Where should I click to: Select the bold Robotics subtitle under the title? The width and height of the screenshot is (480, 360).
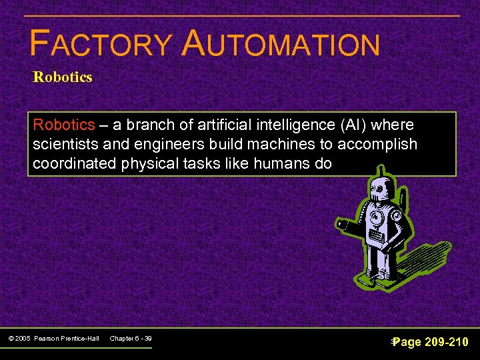63,77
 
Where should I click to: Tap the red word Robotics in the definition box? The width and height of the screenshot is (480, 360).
64,125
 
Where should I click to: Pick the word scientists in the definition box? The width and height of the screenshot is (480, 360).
63,145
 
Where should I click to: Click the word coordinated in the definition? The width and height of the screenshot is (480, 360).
75,164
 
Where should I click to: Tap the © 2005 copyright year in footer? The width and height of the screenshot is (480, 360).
21,339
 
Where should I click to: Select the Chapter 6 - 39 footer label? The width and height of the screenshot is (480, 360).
131,339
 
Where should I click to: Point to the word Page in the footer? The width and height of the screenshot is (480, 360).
408,342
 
